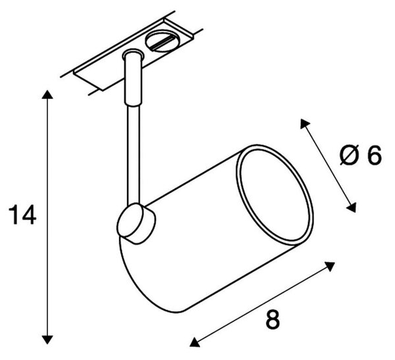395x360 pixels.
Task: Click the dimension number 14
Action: coord(22,215)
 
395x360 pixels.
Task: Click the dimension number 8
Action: coord(273,319)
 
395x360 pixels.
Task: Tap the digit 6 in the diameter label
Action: coord(374,155)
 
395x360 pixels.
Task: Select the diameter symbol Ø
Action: coord(349,155)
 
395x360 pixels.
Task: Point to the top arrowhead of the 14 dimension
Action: coord(47,94)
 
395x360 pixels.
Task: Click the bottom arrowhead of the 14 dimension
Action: coord(47,340)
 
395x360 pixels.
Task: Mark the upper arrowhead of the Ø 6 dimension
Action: coord(304,124)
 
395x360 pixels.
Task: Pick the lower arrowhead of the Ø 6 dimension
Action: coord(352,207)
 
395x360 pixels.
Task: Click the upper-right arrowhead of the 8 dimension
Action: coord(330,266)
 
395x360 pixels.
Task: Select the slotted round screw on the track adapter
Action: coord(160,41)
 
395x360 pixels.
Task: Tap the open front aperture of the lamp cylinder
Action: coord(275,195)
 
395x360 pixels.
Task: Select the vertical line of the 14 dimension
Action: coord(47,217)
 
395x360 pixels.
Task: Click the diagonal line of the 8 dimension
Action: coord(262,304)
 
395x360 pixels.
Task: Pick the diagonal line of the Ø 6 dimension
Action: coord(328,165)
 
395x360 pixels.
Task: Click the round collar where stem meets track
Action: coord(133,55)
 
